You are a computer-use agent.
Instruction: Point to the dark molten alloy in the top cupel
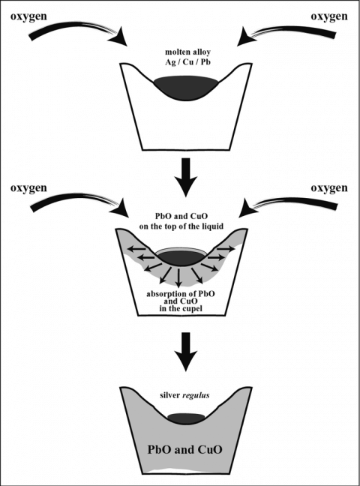[x=185, y=82]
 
